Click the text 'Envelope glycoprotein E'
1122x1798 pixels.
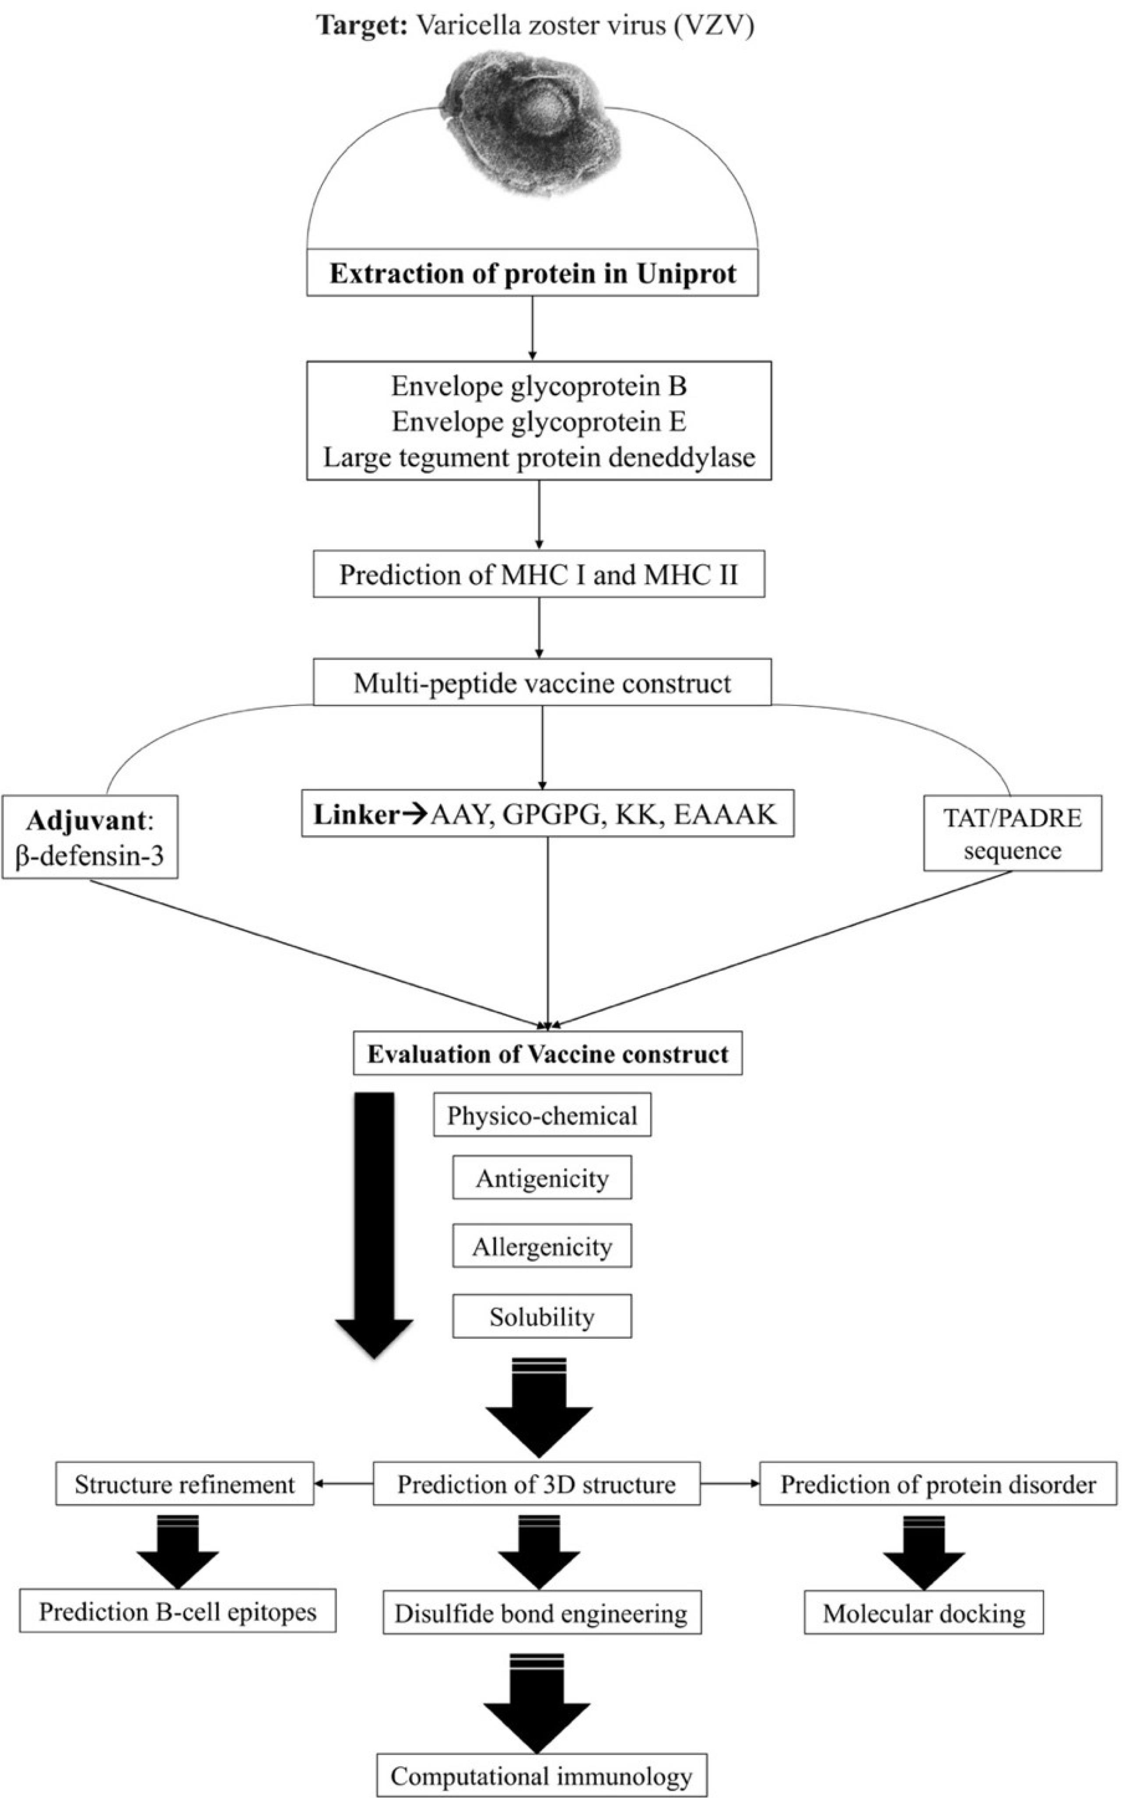[x=539, y=422]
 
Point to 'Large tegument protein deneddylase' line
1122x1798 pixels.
[x=539, y=457]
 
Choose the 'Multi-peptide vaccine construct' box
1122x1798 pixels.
[x=542, y=682]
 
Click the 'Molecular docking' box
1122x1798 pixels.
[x=924, y=1613]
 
